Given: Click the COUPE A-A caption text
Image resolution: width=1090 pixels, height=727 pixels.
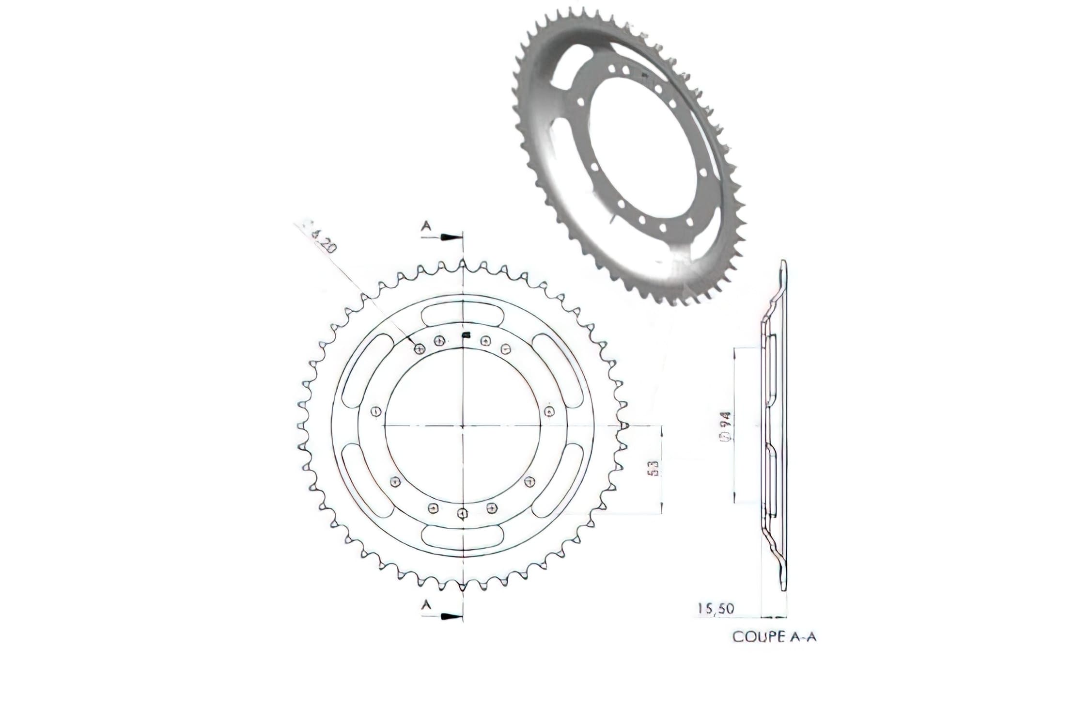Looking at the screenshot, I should point(774,636).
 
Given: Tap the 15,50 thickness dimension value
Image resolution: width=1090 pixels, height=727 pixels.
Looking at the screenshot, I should point(716,608).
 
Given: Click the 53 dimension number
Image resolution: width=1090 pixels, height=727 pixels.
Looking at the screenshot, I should point(653,469).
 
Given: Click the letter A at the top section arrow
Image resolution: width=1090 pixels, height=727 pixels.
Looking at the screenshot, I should point(426,225).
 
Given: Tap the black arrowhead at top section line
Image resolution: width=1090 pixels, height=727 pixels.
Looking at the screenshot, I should point(451,237).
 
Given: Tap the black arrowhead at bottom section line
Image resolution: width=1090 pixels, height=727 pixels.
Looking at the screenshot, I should point(451,616).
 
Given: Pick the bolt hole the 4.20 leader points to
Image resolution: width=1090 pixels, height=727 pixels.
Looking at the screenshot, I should point(420,348).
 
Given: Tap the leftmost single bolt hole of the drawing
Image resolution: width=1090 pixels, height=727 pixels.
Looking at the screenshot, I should point(375,411).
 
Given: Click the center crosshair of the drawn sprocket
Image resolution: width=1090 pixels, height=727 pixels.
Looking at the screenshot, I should point(463,426).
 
